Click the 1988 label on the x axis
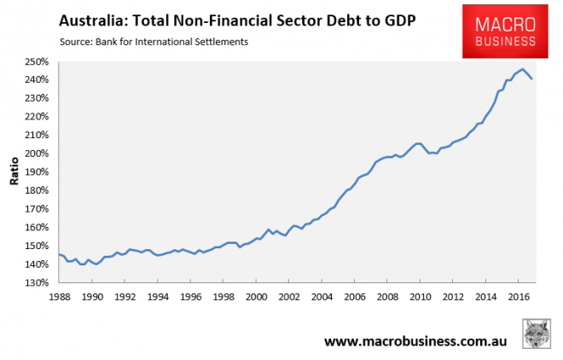(x=59, y=296)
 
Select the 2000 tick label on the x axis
(x=256, y=296)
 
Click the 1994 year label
(x=158, y=296)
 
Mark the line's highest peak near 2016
(x=522, y=69)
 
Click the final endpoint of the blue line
(x=532, y=78)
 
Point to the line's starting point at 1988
(x=59, y=254)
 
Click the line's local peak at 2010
(x=418, y=143)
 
